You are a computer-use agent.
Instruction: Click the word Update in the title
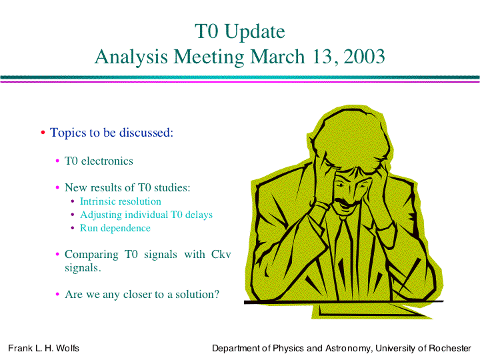click(255, 32)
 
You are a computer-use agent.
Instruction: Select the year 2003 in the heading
click(364, 57)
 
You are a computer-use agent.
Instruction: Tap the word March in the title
click(277, 57)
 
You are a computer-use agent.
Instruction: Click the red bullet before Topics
click(43, 133)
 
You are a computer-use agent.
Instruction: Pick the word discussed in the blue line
click(146, 133)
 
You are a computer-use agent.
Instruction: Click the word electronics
click(107, 161)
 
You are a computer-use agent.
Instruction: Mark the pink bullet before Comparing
click(57, 254)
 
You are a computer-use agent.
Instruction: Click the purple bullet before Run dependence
click(73, 228)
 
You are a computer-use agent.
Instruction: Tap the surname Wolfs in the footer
click(67, 348)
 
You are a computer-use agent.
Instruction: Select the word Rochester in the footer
click(450, 348)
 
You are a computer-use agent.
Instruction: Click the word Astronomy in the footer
click(347, 349)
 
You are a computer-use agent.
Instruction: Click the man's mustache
click(346, 203)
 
